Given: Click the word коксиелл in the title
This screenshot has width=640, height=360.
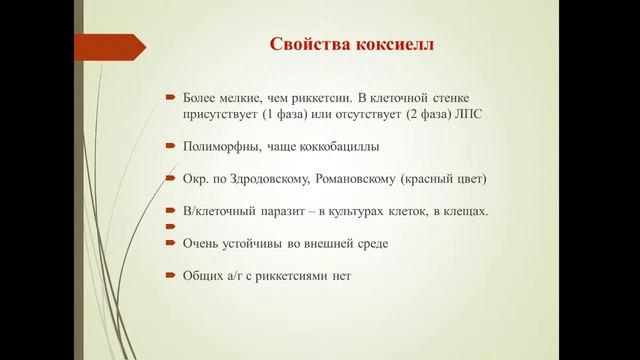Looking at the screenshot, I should pyautogui.click(x=397, y=46).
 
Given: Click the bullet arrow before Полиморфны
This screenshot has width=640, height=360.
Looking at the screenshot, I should pyautogui.click(x=171, y=147).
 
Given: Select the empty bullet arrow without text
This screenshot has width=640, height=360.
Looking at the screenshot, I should pyautogui.click(x=171, y=227).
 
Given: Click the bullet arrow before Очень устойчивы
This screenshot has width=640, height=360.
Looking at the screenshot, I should pyautogui.click(x=171, y=243).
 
